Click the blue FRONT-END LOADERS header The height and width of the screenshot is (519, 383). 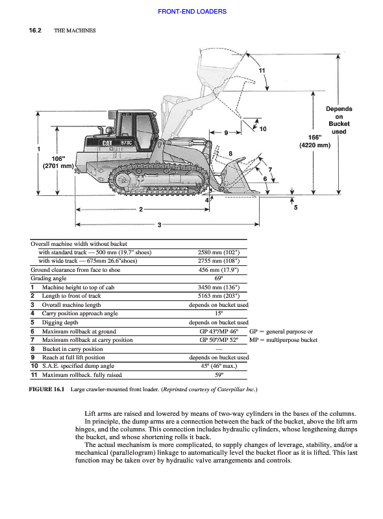192,12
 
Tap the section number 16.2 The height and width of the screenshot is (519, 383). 35,30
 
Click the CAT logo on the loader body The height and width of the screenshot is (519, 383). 107,143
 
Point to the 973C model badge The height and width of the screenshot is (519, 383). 126,143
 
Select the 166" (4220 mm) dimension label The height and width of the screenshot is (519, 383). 315,141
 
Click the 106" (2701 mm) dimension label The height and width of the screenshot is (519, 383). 58,162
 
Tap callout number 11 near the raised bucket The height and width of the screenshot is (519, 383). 262,71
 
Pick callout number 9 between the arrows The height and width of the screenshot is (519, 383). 226,133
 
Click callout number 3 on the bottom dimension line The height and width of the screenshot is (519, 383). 159,224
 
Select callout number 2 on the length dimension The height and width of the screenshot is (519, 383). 141,209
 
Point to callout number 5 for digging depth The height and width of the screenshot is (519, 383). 295,208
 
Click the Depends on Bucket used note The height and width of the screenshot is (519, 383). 339,120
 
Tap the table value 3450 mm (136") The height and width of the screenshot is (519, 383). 219,287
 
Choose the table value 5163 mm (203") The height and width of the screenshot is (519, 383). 219,296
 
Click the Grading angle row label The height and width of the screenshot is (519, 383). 49,278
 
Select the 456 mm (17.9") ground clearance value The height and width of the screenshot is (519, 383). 219,270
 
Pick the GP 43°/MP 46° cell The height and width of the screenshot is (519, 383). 219,332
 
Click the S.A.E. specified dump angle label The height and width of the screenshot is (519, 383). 78,366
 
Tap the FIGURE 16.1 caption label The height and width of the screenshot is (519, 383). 47,389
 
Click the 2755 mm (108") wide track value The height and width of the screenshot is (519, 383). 219,261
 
